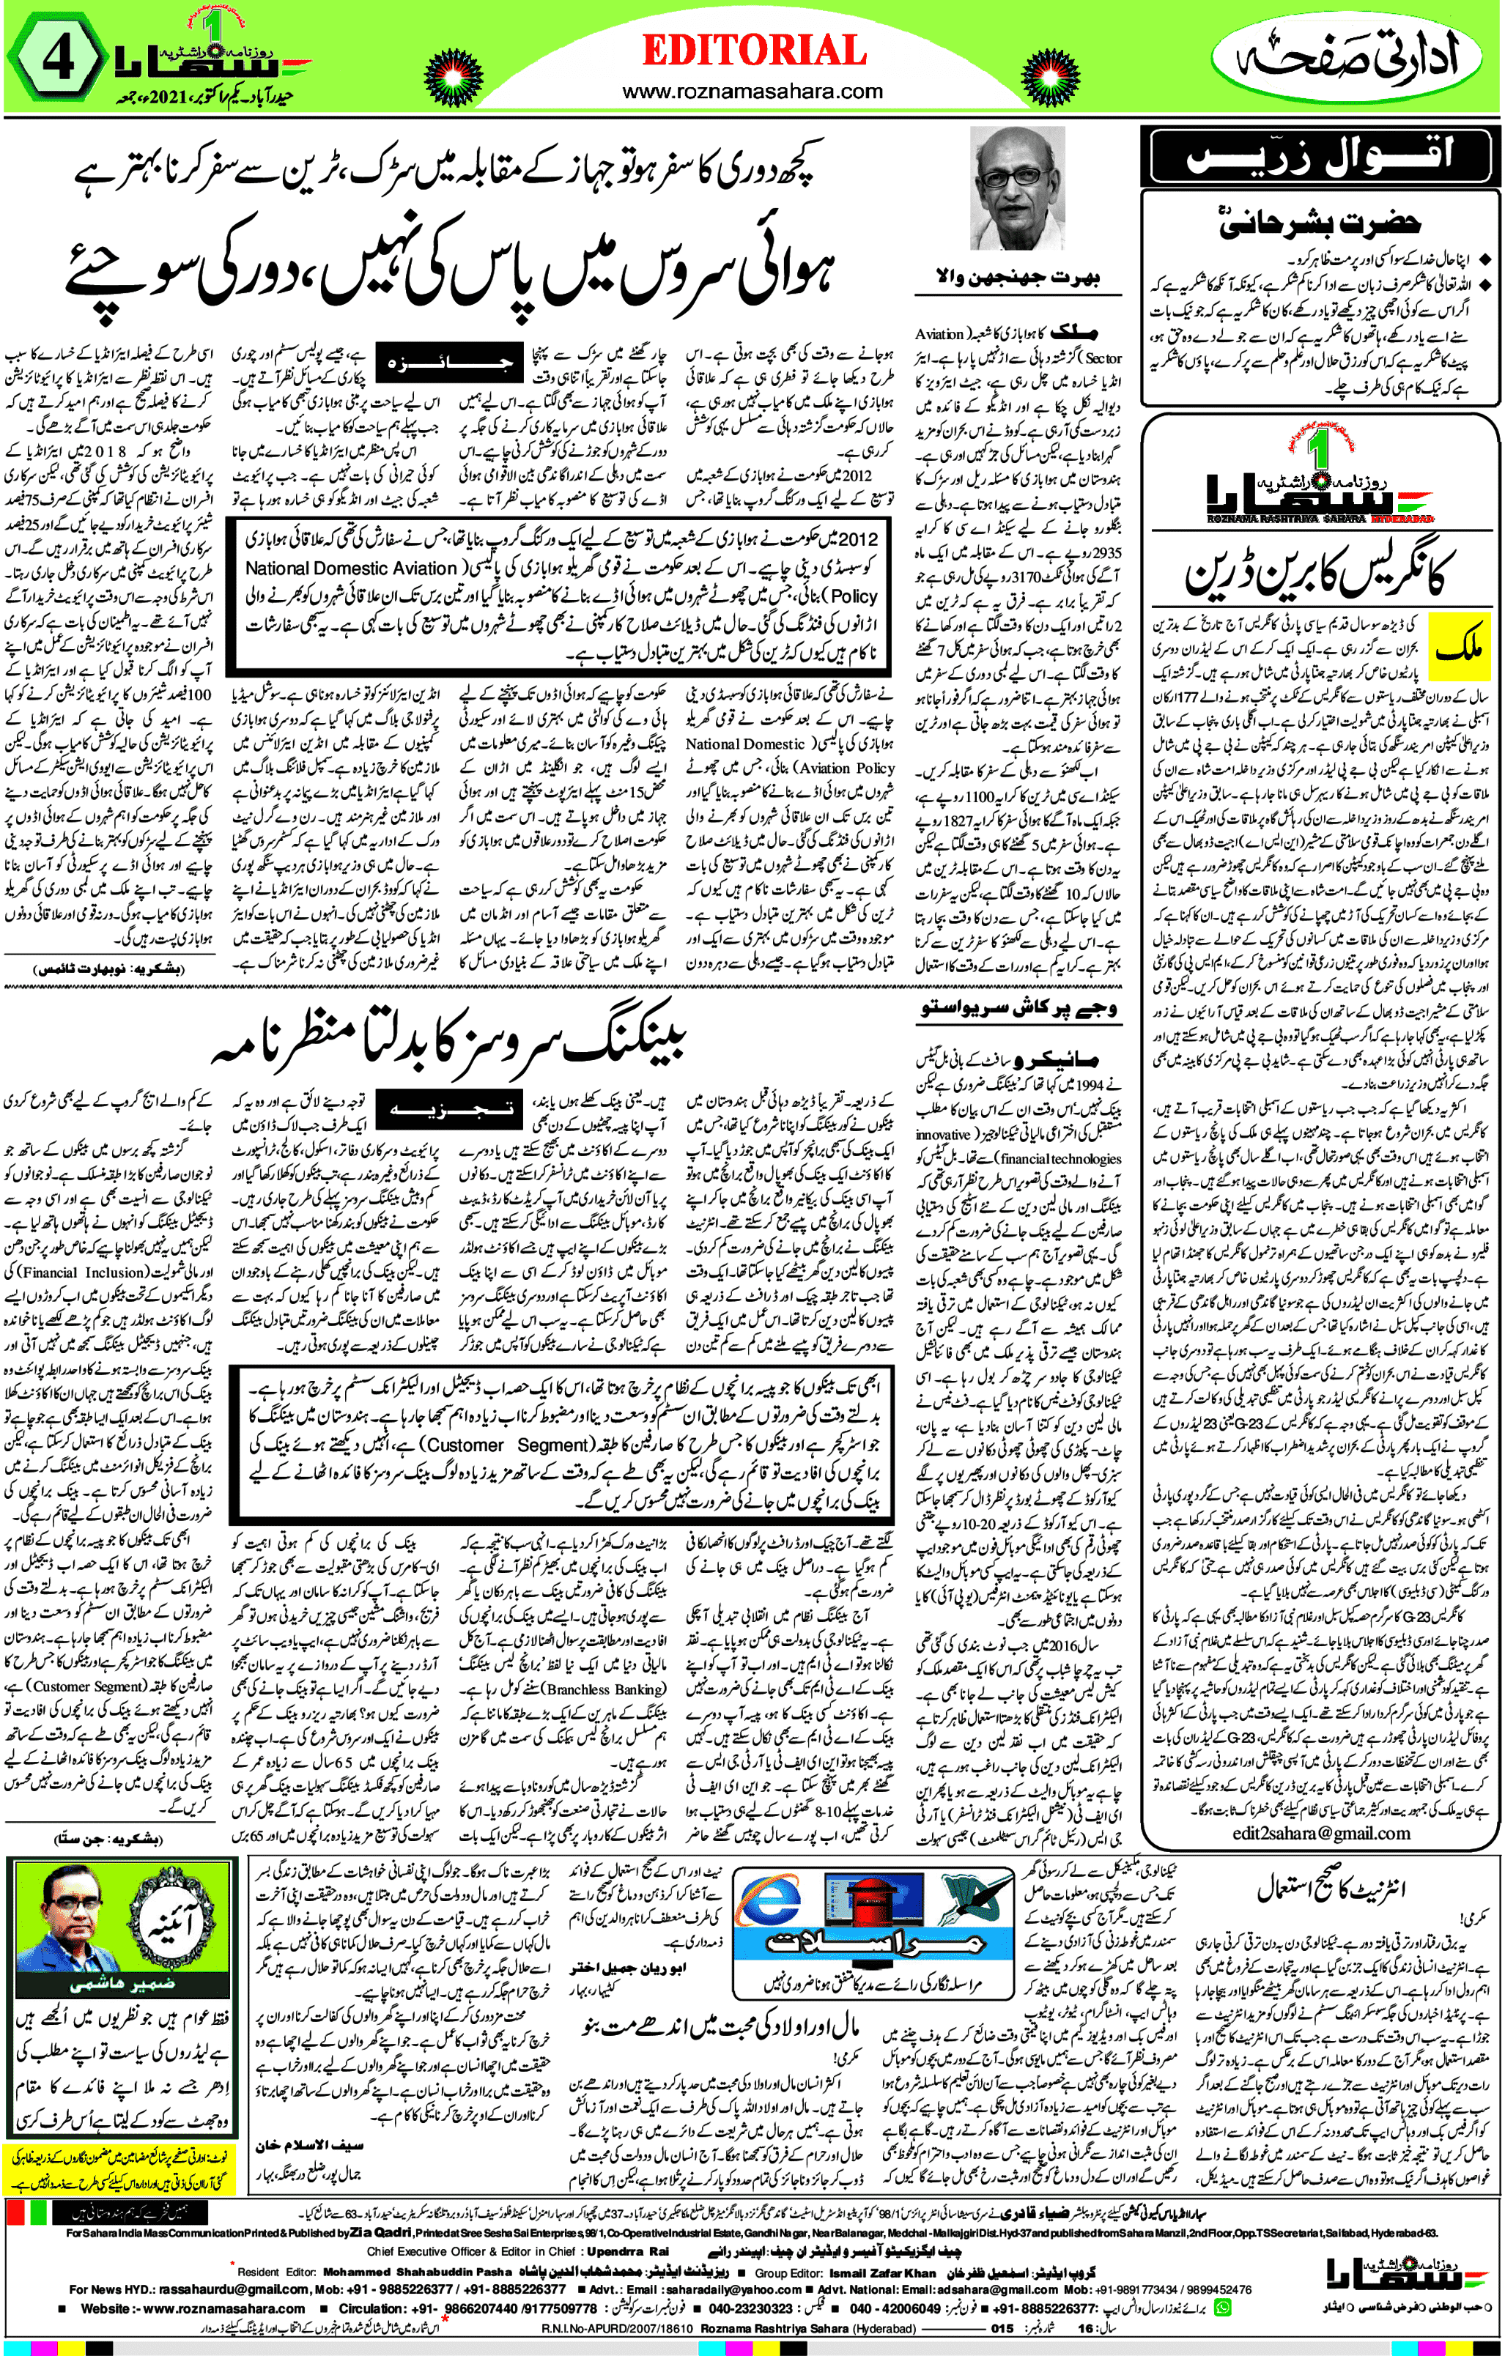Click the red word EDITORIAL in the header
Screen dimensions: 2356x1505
pyautogui.click(x=753, y=51)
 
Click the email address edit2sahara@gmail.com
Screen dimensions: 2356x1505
pyautogui.click(x=1321, y=1834)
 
